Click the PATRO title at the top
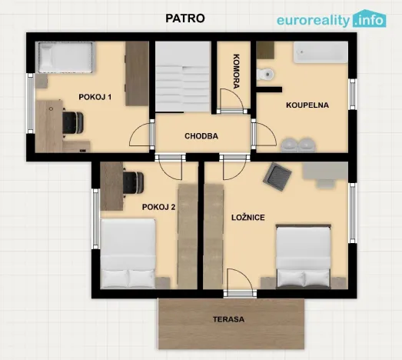185,18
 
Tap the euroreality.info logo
331,19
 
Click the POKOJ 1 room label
95,97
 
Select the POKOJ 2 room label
158,207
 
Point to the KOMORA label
237,72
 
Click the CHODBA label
201,136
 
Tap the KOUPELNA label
307,105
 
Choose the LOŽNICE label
248,218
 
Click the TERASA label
229,319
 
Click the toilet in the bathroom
265,75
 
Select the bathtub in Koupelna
321,52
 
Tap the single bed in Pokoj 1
65,58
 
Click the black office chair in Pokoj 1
72,122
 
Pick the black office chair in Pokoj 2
133,182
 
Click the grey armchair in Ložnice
277,176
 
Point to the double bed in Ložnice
304,257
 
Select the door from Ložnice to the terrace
240,294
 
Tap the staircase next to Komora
183,76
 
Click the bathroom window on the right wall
353,94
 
